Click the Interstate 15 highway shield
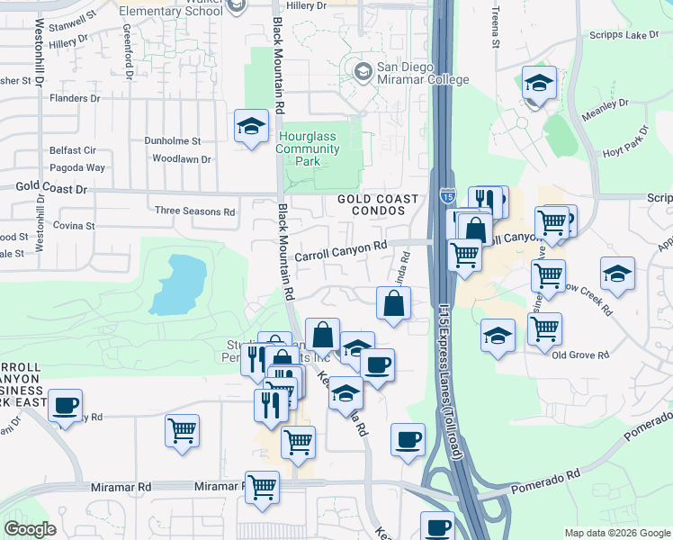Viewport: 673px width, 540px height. tap(449, 195)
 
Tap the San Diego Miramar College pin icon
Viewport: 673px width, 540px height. tap(363, 70)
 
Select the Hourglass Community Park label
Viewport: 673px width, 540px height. tap(311, 148)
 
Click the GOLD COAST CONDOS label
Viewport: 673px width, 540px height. tap(378, 205)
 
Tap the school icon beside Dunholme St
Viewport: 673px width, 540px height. tap(251, 126)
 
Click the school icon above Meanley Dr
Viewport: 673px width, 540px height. tap(539, 83)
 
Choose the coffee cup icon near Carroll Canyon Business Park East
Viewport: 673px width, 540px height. tap(65, 405)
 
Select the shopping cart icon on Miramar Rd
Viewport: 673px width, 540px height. tap(262, 487)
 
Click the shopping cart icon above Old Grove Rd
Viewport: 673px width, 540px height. tap(544, 329)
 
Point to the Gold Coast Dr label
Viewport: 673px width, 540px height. tap(51, 189)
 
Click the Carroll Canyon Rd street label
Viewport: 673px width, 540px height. tap(341, 245)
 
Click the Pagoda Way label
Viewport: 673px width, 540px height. tap(77, 167)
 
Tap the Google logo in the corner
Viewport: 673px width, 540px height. tap(31, 529)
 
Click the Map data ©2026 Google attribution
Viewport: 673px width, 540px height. tap(616, 533)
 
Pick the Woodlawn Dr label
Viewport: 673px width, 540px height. tap(181, 159)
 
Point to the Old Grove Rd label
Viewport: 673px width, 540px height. tap(581, 355)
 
